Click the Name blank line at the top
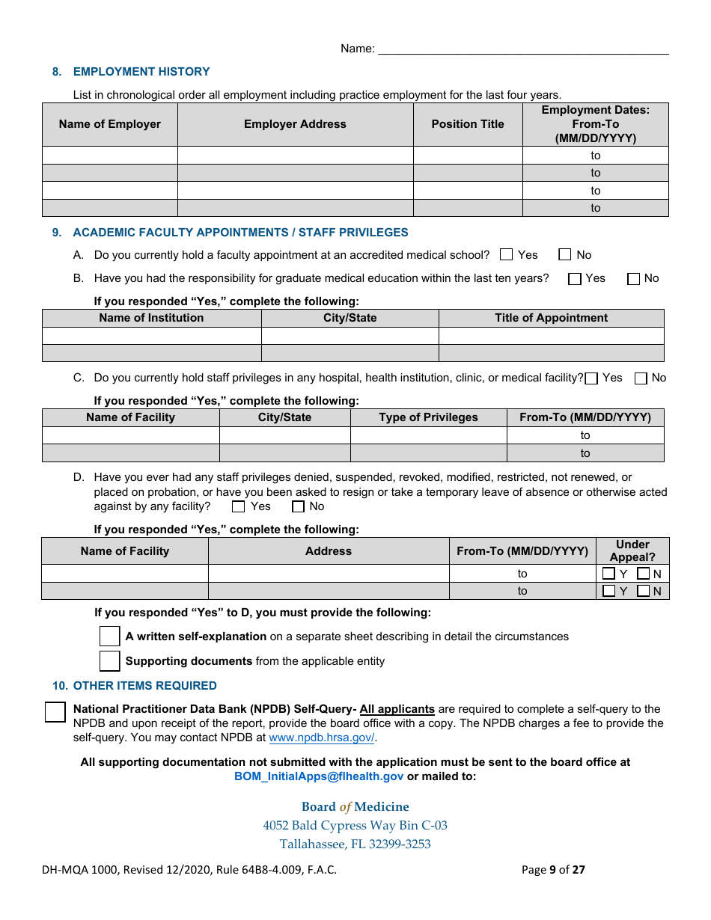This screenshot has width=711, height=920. pyautogui.click(x=523, y=49)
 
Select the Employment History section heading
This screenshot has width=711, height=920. pyautogui.click(x=141, y=72)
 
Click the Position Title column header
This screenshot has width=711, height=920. pyautogui.click(x=468, y=124)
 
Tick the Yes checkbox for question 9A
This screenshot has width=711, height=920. pyautogui.click(x=507, y=255)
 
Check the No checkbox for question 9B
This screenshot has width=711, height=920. pyautogui.click(x=634, y=279)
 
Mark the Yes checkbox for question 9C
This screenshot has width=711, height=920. pyautogui.click(x=591, y=378)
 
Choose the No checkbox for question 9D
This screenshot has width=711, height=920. pyautogui.click(x=299, y=507)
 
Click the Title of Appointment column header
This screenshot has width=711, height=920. pyautogui.click(x=551, y=318)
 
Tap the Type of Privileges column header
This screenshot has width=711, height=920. pyautogui.click(x=428, y=417)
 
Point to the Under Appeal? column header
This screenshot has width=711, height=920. pyautogui.click(x=632, y=551)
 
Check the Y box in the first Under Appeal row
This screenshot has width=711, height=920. pyautogui.click(x=609, y=574)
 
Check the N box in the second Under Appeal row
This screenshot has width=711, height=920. pyautogui.click(x=644, y=592)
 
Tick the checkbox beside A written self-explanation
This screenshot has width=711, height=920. pyautogui.click(x=110, y=637)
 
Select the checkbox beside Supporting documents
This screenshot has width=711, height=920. pyautogui.click(x=110, y=661)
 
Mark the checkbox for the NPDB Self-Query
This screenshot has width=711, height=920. pyautogui.click(x=55, y=712)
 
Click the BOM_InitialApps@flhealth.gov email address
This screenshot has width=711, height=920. pyautogui.click(x=319, y=776)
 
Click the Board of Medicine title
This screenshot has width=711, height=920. pyautogui.click(x=355, y=806)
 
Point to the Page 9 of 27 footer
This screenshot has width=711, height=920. pyautogui.click(x=553, y=870)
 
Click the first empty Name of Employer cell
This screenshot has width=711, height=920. pyautogui.click(x=110, y=156)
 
